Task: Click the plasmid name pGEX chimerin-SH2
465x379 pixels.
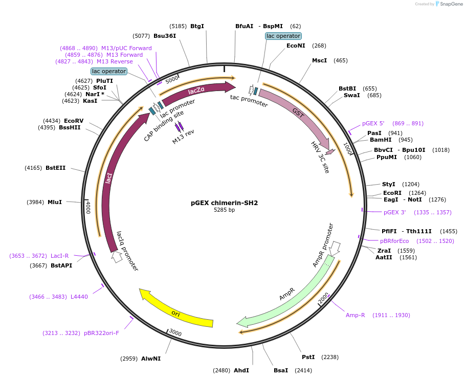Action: [x=224, y=203]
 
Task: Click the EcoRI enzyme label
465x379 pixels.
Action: [x=392, y=193]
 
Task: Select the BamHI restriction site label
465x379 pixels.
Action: [x=380, y=140]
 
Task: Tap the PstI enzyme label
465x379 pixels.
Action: [x=308, y=357]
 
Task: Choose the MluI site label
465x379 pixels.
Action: [x=55, y=202]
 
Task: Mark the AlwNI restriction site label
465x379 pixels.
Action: [x=151, y=359]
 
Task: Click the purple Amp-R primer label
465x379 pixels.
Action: [x=355, y=315]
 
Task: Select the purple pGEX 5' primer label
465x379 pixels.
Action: [x=373, y=123]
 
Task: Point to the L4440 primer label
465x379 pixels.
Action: [x=79, y=297]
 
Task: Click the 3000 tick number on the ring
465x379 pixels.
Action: [x=175, y=333]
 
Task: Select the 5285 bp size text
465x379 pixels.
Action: [x=224, y=210]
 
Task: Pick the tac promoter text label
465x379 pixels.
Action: [x=249, y=101]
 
